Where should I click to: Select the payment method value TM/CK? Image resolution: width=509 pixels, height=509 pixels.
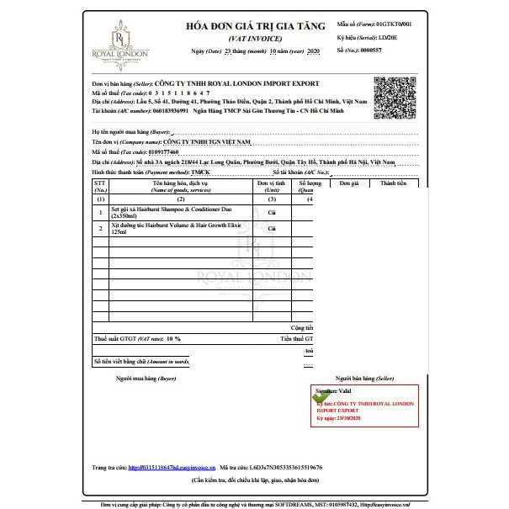203,172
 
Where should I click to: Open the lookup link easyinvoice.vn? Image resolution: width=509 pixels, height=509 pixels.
172,467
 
